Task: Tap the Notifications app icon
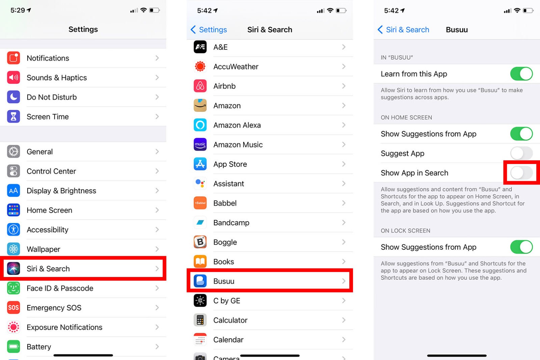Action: click(13, 58)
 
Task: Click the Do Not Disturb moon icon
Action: click(13, 97)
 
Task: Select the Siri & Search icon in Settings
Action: click(13, 269)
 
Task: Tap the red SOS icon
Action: click(13, 308)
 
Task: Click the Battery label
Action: click(39, 347)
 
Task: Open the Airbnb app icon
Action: click(200, 86)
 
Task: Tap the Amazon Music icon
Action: click(200, 145)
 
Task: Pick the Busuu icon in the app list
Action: click(200, 281)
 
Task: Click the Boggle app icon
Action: click(200, 242)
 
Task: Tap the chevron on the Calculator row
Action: click(344, 320)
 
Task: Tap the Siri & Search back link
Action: click(403, 30)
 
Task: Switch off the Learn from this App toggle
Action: click(521, 74)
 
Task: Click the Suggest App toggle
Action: click(521, 154)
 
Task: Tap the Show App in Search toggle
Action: click(521, 173)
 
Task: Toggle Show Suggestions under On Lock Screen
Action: click(521, 247)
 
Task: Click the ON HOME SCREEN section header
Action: click(406, 117)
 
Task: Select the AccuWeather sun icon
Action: click(200, 66)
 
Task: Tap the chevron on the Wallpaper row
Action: click(157, 249)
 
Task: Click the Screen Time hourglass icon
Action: click(13, 117)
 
